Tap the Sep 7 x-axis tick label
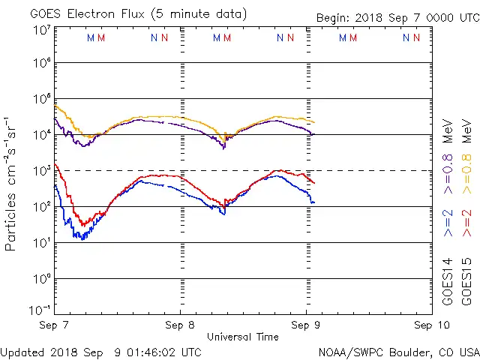tap(55, 325)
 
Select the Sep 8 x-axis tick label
tap(181, 325)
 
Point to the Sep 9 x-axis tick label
tap(306, 325)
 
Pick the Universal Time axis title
tap(243, 337)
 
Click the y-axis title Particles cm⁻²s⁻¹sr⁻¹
tap(10, 183)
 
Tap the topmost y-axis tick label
tap(41, 30)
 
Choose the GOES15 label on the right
tap(466, 282)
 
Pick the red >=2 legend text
tap(466, 223)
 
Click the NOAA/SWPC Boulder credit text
tap(398, 351)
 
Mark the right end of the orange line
tap(314, 122)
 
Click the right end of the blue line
tap(314, 202)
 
